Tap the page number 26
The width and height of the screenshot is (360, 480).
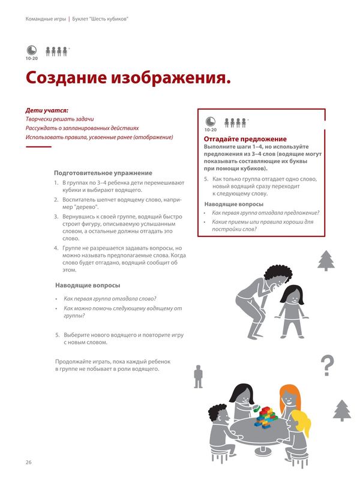28,462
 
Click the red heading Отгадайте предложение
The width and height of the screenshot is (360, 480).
237,139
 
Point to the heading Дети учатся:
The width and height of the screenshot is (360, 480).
47,110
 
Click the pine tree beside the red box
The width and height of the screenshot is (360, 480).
326,260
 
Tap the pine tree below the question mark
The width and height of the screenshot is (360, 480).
341,411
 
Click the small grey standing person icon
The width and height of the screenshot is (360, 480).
199,376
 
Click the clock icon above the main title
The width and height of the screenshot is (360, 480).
31,51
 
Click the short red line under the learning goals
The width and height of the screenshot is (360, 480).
38,146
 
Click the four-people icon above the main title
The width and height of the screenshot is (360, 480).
56,52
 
